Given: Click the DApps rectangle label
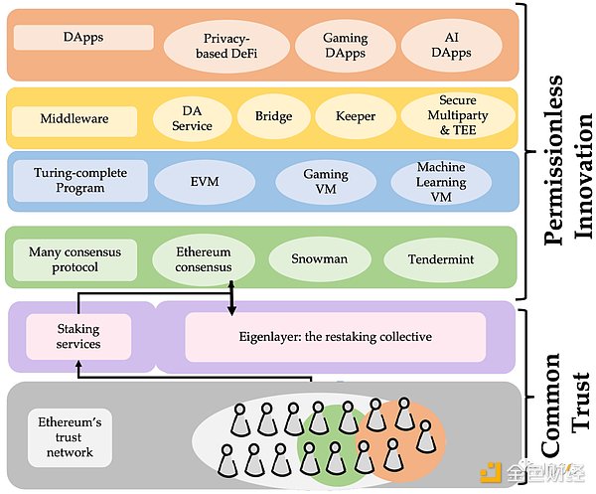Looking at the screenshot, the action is [83, 37].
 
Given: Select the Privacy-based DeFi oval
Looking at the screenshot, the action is [226, 46].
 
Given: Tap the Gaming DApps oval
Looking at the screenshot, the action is [345, 46].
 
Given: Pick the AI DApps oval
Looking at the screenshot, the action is [451, 45].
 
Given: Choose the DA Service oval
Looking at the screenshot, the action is [192, 118].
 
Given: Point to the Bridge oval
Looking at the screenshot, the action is [274, 116].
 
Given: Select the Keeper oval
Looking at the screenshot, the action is [356, 116].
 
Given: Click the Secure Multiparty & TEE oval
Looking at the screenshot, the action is [458, 115].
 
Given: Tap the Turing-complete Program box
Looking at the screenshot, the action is [80, 181].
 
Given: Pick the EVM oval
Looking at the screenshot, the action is [205, 182].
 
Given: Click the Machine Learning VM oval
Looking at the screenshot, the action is [441, 182].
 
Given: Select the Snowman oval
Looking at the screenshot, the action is [319, 259].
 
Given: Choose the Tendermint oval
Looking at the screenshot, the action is [441, 259].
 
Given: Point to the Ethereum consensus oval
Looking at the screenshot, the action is [204, 259].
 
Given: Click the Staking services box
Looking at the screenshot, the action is [78, 337].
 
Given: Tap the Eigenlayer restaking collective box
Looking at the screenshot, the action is [336, 337].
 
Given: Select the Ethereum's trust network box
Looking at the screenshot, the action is [70, 437].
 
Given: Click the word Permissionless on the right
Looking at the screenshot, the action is [552, 160].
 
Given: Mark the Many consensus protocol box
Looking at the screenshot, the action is [74, 259].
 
